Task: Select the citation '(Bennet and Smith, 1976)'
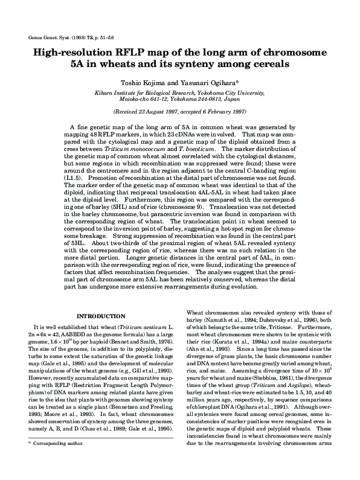(141, 340)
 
